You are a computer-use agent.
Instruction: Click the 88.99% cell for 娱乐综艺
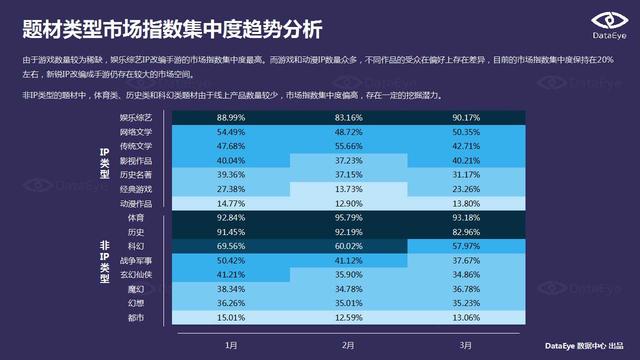pos(231,118)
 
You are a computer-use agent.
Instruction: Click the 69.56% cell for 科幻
pos(231,245)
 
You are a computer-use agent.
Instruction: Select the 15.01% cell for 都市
pos(231,318)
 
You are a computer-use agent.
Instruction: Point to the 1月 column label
pos(231,344)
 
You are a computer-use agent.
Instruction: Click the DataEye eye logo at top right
pos(602,22)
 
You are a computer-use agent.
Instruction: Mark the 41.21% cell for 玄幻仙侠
pos(231,274)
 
